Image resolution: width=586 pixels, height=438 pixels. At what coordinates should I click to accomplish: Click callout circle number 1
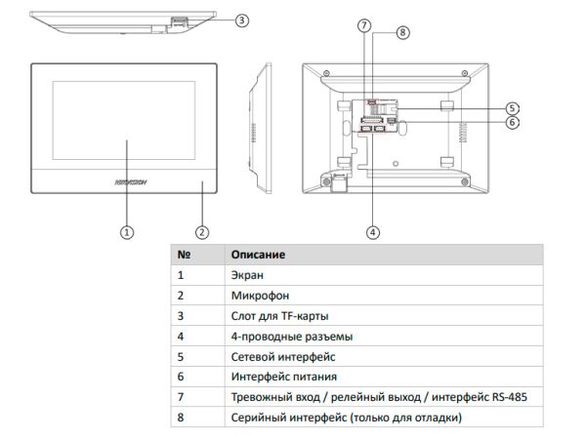125,232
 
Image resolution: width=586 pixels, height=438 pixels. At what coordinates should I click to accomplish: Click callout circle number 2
201,232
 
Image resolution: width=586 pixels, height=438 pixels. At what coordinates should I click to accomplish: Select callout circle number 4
372,232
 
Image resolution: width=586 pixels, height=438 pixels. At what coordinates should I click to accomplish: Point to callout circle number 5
512,107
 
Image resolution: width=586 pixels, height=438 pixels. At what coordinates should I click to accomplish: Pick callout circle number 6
512,123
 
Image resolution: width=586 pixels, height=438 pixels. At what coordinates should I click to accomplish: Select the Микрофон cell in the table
259,297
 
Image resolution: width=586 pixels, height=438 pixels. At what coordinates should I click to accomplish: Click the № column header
183,255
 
